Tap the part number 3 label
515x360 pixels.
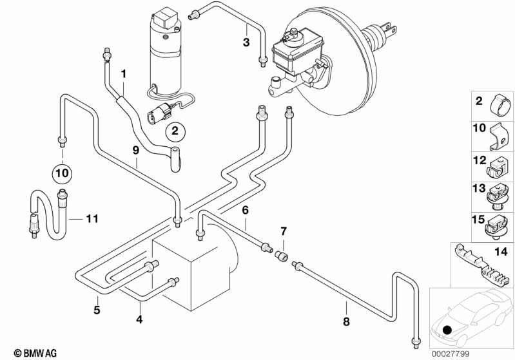click(x=246, y=43)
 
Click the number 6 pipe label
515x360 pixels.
click(x=246, y=210)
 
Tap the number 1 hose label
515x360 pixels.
click(x=124, y=73)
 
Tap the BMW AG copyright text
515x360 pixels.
click(x=30, y=353)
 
